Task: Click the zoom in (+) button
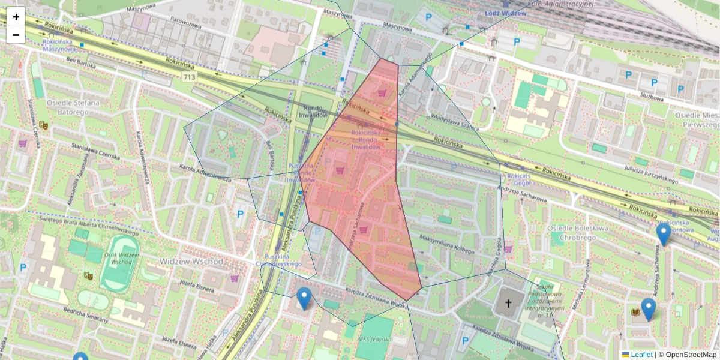tap(16, 17)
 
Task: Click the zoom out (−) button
tap(16, 35)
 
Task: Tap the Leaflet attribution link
tap(641, 355)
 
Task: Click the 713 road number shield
tap(190, 77)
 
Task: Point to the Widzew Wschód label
tap(191, 262)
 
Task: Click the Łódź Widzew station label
tap(505, 13)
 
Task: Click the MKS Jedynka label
tap(374, 340)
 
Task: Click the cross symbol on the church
tap(508, 304)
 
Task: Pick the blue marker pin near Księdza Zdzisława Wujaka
tap(304, 298)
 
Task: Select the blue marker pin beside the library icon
tap(648, 308)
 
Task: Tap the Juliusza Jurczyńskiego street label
tap(651, 174)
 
